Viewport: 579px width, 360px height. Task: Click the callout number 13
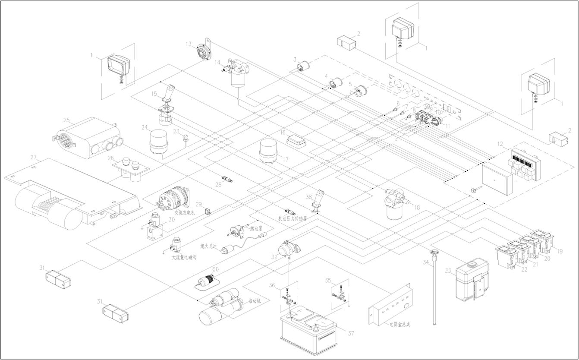pos(189,44)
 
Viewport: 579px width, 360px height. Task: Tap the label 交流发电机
pos(185,213)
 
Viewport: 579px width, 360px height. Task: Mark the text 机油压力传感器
pos(293,219)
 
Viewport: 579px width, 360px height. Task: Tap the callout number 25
pos(66,120)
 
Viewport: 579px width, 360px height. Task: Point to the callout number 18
pos(417,208)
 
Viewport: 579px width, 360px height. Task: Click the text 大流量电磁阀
pos(184,258)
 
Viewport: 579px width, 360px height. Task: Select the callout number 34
pos(426,262)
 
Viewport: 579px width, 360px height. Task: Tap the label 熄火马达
pos(208,246)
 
